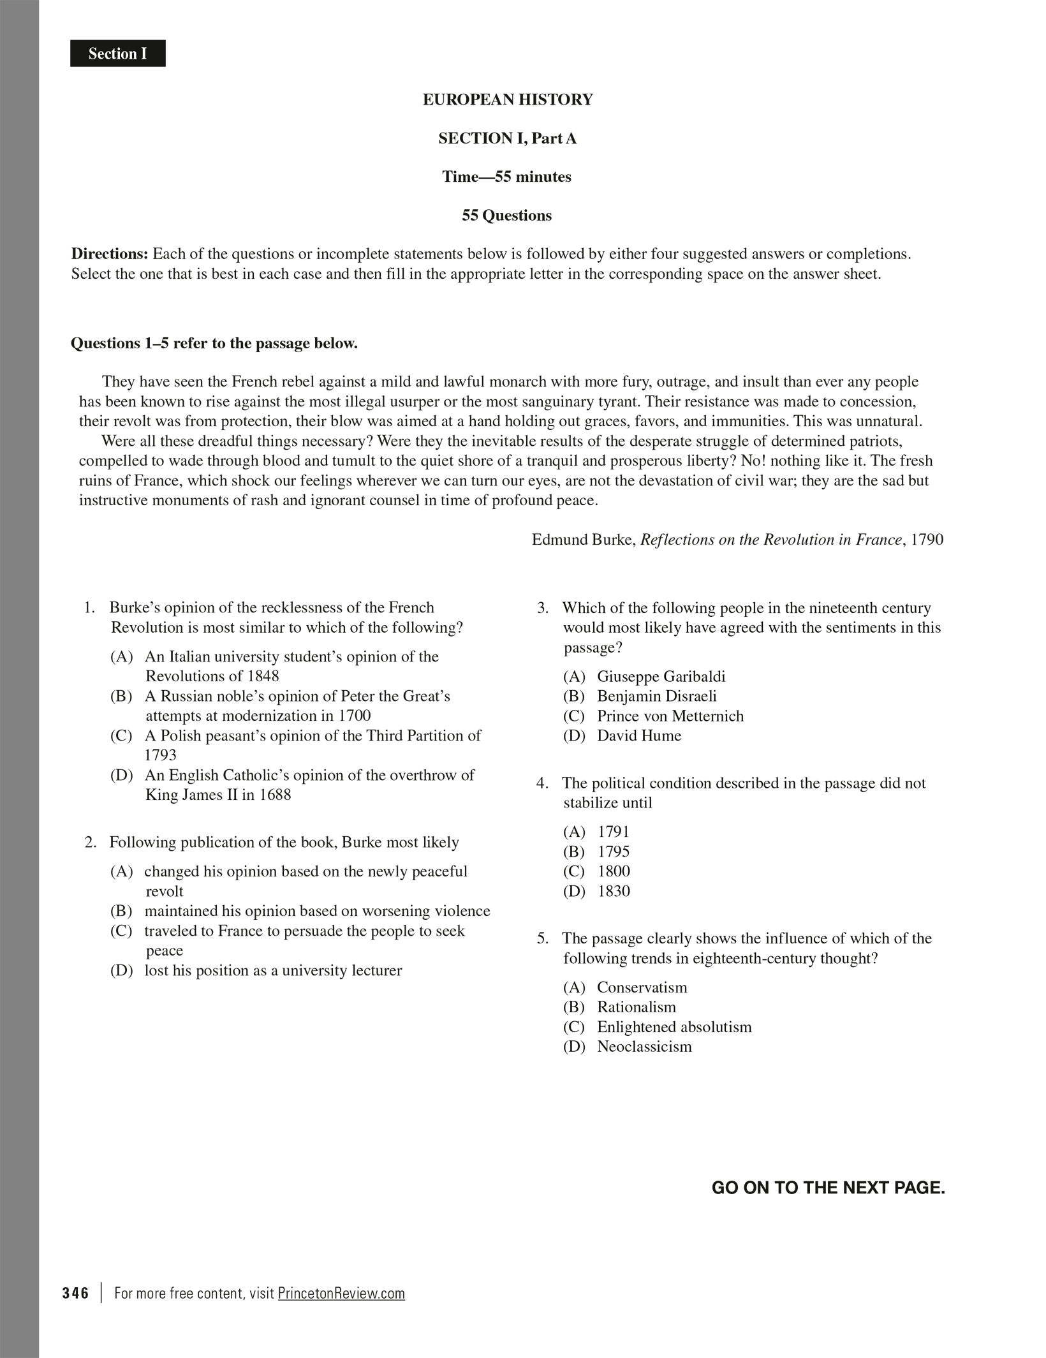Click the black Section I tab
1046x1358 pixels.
[x=117, y=54]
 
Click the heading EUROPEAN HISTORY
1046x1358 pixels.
[x=508, y=100]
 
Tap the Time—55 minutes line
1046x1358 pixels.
[x=506, y=177]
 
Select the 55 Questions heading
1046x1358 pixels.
[x=506, y=216]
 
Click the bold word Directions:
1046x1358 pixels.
[x=109, y=254]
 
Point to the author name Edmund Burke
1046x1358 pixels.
[x=583, y=540]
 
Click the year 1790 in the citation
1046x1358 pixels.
[x=927, y=540]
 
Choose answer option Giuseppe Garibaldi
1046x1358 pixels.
[x=661, y=676]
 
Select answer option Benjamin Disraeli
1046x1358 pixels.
[x=656, y=696]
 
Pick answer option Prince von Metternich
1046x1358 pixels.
[x=670, y=716]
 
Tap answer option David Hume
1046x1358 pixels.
[x=638, y=735]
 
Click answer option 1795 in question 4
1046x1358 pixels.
[x=613, y=852]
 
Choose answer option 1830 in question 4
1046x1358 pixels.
[x=613, y=891]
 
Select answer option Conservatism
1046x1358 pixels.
[x=642, y=987]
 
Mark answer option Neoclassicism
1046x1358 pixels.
[x=644, y=1047]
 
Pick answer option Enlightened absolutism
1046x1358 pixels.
[x=674, y=1027]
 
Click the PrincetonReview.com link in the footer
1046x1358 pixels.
[x=341, y=1293]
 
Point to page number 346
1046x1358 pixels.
[x=76, y=1293]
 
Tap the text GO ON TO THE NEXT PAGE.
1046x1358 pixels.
[x=828, y=1188]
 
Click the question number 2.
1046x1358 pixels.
[x=90, y=842]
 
